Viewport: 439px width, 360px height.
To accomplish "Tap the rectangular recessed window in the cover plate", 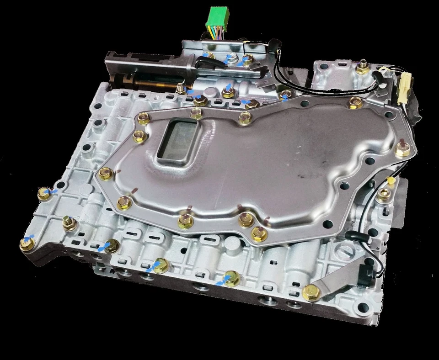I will [178, 139].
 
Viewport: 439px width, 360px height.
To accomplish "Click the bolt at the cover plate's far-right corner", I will [403, 148].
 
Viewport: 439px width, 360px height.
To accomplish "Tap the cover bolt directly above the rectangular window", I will [197, 113].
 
